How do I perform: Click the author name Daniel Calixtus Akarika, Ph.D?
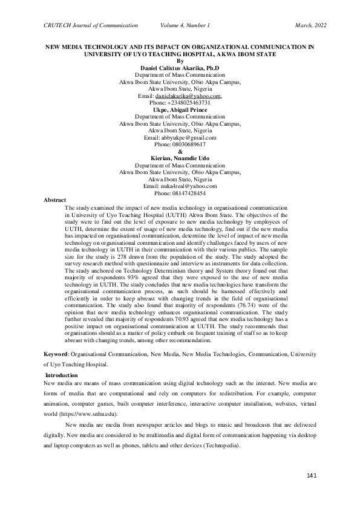[180, 68]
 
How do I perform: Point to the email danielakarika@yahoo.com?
[188, 96]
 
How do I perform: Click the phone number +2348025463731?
[180, 103]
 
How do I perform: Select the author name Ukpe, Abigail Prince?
[180, 109]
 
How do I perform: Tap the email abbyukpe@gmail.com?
[180, 137]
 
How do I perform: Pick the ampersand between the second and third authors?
[180, 151]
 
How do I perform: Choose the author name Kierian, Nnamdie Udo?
[180, 158]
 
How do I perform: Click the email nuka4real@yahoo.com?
[180, 186]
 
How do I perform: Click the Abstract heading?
[56, 199]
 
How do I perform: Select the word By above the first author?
[180, 61]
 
